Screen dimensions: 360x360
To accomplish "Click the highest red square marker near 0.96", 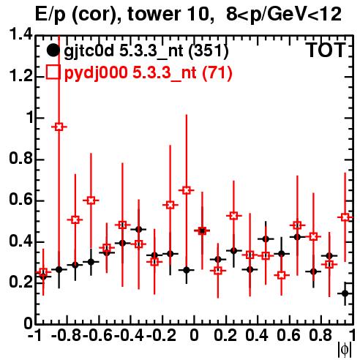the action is pyautogui.click(x=59, y=127).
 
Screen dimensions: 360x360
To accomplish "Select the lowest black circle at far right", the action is pyautogui.click(x=345, y=293).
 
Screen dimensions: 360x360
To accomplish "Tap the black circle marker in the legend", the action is pyautogui.click(x=53, y=50).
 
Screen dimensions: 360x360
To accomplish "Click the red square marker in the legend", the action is pyautogui.click(x=53, y=72).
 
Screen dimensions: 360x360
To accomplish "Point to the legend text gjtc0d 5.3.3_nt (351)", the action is pyautogui.click(x=146, y=51).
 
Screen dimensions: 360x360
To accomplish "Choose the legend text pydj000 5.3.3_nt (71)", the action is pyautogui.click(x=148, y=72).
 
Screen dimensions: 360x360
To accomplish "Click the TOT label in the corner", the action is pyautogui.click(x=326, y=50).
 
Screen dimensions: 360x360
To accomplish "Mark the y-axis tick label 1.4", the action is pyautogui.click(x=20, y=35).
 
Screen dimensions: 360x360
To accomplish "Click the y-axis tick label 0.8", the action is pyautogui.click(x=20, y=159).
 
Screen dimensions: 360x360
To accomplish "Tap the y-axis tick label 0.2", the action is pyautogui.click(x=20, y=282).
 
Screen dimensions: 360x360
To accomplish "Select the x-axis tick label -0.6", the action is pyautogui.click(x=97, y=335).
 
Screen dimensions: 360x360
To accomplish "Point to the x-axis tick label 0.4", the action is pyautogui.click(x=257, y=335).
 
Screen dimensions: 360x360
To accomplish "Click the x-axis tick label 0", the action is pyautogui.click(x=194, y=335).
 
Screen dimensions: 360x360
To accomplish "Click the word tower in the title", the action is pyautogui.click(x=163, y=14).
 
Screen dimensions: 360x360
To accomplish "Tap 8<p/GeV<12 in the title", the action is pyautogui.click(x=284, y=14).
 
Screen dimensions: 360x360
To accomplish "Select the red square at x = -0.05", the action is pyautogui.click(x=187, y=190).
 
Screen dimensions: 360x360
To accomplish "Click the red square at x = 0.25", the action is pyautogui.click(x=233, y=216).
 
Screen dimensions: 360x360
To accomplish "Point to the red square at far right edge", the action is pyautogui.click(x=345, y=217).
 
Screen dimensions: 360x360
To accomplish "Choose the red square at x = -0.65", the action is pyautogui.click(x=91, y=200).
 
